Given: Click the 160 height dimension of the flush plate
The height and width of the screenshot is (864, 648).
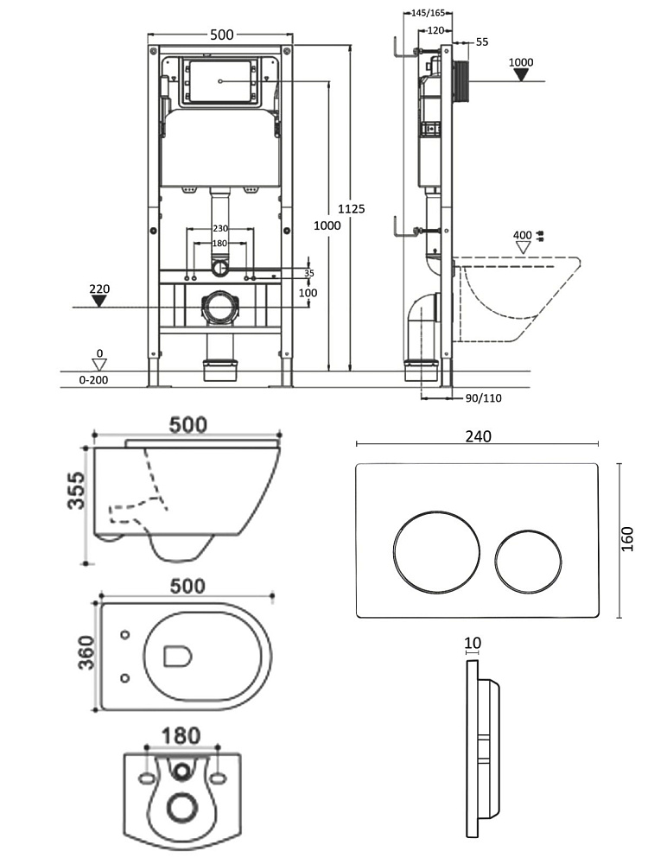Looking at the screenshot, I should (x=627, y=538).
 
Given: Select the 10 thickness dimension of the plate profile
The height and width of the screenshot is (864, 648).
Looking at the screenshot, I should (x=472, y=644).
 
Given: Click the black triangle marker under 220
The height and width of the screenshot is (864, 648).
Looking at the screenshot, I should (x=99, y=302).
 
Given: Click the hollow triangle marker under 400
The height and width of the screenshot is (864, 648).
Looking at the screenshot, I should (x=522, y=247).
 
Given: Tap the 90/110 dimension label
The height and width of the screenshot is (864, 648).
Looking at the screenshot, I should (x=483, y=398).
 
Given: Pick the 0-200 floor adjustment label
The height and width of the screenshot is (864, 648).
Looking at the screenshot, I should (x=97, y=379).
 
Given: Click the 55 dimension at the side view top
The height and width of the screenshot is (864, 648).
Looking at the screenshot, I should (x=482, y=41).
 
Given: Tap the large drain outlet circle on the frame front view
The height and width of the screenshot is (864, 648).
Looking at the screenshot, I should (x=222, y=308).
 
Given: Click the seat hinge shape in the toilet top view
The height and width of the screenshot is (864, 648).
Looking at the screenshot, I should (x=176, y=658).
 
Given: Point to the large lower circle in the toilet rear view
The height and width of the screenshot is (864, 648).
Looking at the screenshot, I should (x=181, y=807).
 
